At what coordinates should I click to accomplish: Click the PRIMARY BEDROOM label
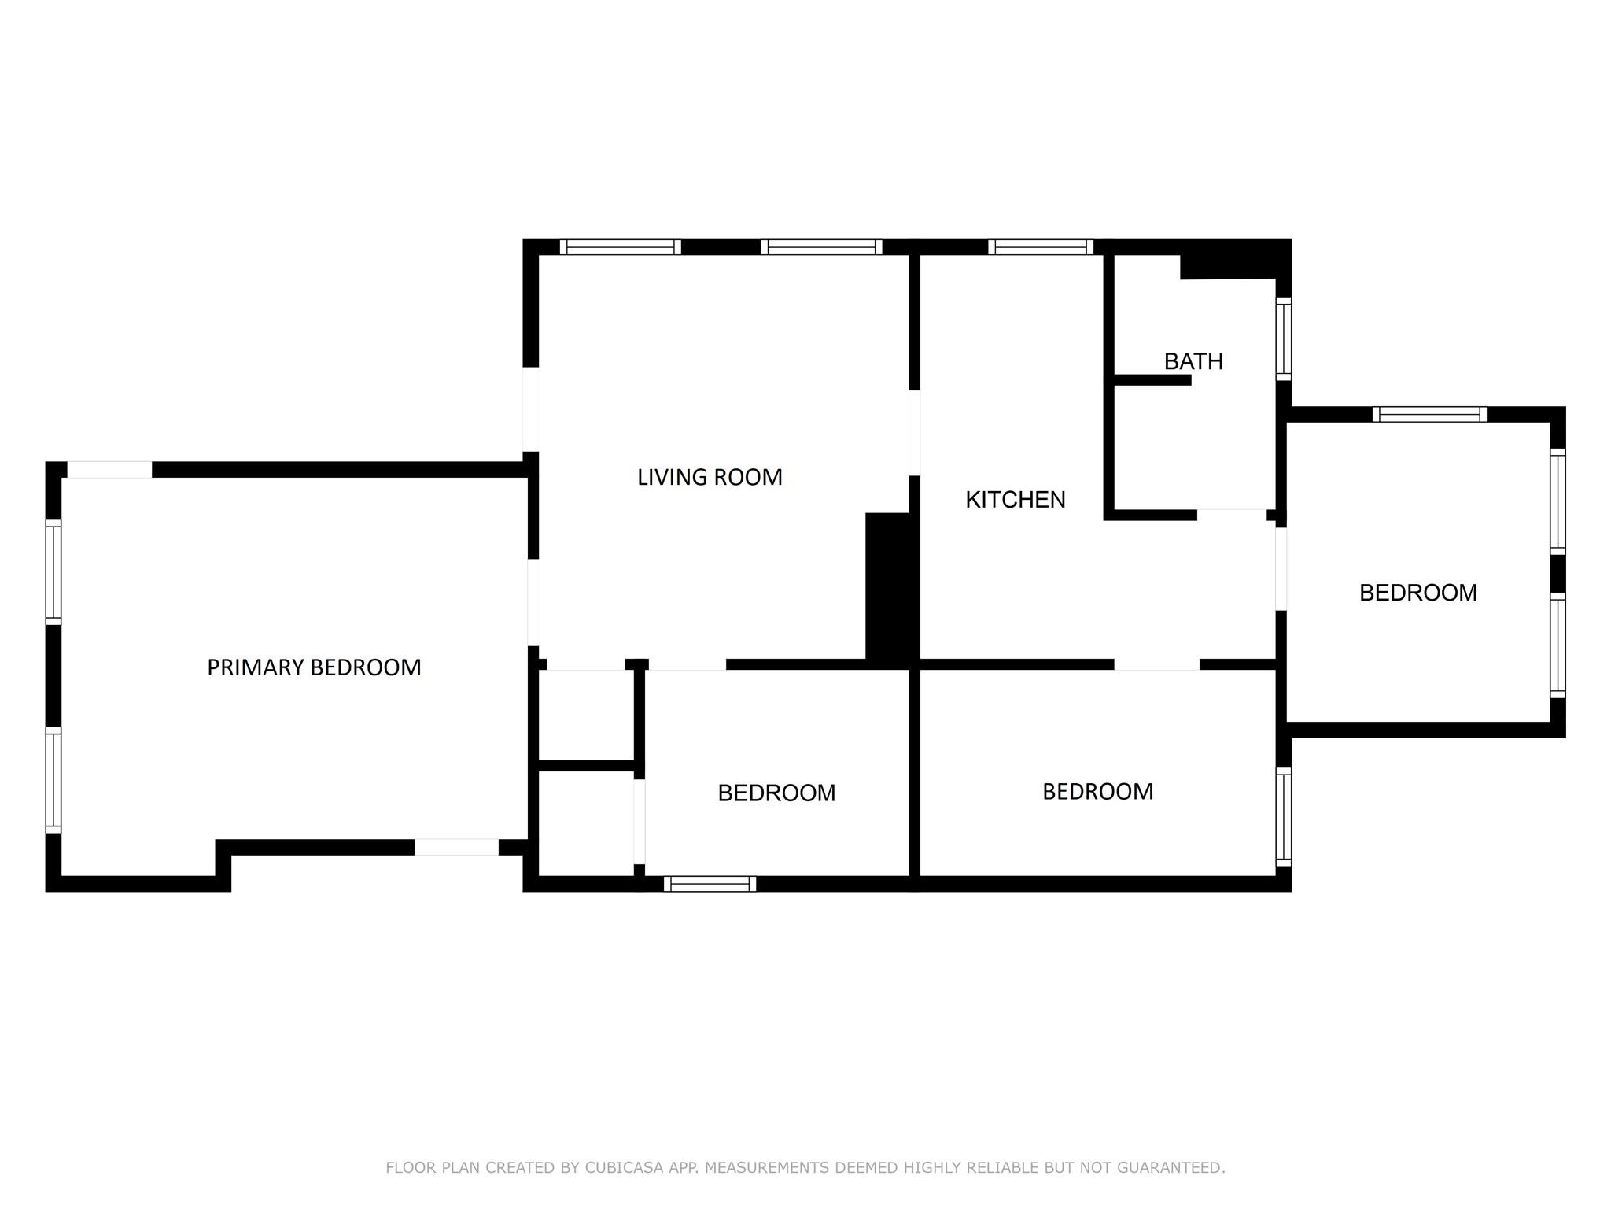pyautogui.click(x=314, y=667)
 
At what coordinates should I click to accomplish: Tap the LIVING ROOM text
pyautogui.click(x=710, y=477)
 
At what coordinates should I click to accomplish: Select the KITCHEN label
pyautogui.click(x=1016, y=500)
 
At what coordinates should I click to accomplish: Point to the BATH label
pyautogui.click(x=1193, y=361)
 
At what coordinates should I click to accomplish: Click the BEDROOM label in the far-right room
pyautogui.click(x=1418, y=593)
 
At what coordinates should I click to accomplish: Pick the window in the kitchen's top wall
pyautogui.click(x=1041, y=247)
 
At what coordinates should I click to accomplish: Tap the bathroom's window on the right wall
pyautogui.click(x=1284, y=339)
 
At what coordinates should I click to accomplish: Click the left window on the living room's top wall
pyautogui.click(x=621, y=247)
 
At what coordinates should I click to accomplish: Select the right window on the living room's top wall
pyautogui.click(x=822, y=247)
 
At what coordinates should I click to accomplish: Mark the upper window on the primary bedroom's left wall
pyautogui.click(x=53, y=572)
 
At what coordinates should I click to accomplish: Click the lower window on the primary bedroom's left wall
pyautogui.click(x=53, y=780)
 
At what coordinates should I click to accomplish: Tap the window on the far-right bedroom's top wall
pyautogui.click(x=1430, y=414)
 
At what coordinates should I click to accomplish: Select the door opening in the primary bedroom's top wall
pyautogui.click(x=109, y=470)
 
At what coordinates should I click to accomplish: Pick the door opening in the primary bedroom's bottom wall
pyautogui.click(x=457, y=848)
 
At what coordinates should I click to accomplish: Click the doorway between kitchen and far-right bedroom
pyautogui.click(x=1281, y=569)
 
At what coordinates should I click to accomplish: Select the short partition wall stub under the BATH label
pyautogui.click(x=1153, y=380)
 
